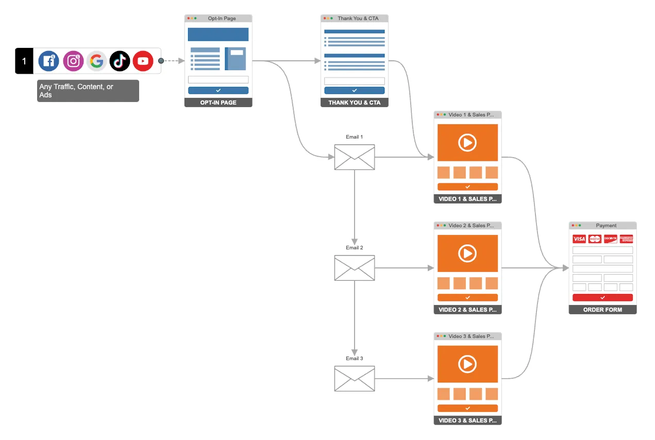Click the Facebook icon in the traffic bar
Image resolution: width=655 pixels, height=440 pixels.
click(x=49, y=61)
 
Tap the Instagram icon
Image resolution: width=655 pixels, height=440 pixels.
click(x=73, y=61)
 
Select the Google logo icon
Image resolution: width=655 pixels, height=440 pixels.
click(x=96, y=61)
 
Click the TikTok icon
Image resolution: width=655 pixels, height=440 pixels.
click(x=120, y=61)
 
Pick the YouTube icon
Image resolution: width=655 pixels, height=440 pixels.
click(x=143, y=61)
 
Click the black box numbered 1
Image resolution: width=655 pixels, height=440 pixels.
click(x=24, y=61)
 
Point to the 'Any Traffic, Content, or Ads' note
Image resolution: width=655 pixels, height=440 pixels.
click(x=88, y=91)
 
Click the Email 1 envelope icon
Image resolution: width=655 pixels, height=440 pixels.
click(x=355, y=157)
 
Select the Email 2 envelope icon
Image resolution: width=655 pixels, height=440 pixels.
click(x=355, y=268)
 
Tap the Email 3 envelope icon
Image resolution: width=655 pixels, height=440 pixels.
click(x=355, y=379)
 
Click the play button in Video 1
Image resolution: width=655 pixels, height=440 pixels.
click(x=467, y=142)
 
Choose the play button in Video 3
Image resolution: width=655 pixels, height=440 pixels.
click(x=467, y=364)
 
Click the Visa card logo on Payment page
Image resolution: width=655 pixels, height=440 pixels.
click(x=579, y=239)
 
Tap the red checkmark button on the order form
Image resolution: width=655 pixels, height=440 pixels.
click(x=602, y=298)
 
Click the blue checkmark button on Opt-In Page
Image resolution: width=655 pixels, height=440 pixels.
click(x=218, y=90)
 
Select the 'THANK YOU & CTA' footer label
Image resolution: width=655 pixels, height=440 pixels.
click(x=354, y=103)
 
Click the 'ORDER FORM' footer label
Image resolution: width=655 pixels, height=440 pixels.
click(x=602, y=310)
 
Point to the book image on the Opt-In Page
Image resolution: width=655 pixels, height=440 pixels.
click(x=236, y=59)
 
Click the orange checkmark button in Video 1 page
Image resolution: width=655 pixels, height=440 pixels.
click(x=467, y=187)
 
